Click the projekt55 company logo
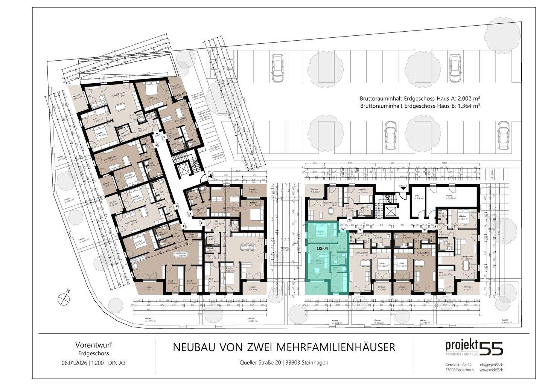tap(474, 347)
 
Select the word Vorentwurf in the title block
tap(94, 345)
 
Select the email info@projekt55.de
tap(492, 365)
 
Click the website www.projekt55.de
tap(492, 371)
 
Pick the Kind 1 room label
tap(170, 281)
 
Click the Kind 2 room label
tap(189, 281)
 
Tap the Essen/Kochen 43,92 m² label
tap(181, 254)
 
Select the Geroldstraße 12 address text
tap(458, 365)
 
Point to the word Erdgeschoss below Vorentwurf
tap(94, 353)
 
